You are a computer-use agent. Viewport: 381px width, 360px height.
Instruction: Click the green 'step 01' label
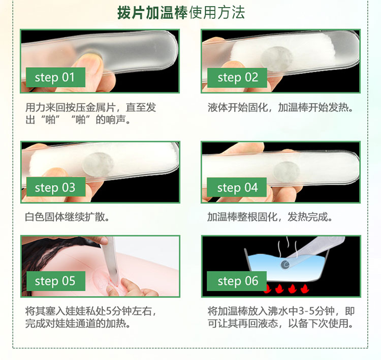(56, 77)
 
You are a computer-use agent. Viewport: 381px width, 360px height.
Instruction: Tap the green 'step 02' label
(237, 78)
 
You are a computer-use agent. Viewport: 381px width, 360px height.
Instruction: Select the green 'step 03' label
(56, 187)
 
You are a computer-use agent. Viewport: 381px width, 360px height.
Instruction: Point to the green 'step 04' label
(237, 187)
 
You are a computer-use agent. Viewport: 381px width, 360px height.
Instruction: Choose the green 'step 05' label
(56, 281)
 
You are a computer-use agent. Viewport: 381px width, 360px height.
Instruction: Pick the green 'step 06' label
(237, 281)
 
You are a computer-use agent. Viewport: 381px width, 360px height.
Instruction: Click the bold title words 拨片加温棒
(152, 13)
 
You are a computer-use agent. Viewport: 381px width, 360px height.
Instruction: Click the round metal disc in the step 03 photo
(98, 164)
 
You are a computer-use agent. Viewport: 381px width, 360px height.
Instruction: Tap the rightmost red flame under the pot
(304, 288)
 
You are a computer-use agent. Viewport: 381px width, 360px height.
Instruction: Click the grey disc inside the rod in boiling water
(285, 264)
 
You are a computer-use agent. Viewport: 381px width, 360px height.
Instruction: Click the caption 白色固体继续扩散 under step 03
(67, 217)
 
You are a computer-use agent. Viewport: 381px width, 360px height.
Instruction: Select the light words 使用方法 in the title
(217, 13)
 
